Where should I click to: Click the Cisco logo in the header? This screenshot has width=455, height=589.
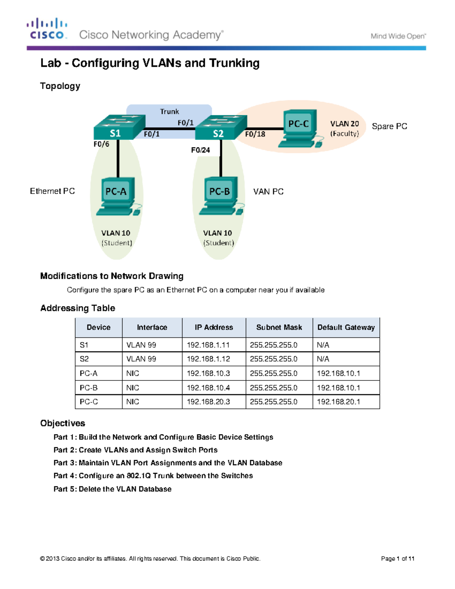click(x=47, y=29)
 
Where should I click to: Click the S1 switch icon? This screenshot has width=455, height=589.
click(x=119, y=127)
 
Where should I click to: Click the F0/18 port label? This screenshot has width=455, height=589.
click(x=255, y=134)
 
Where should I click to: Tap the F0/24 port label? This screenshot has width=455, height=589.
click(x=200, y=150)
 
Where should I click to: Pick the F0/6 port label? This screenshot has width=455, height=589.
click(x=101, y=144)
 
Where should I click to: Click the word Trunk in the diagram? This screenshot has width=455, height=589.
click(x=169, y=112)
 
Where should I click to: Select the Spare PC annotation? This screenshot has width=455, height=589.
click(x=389, y=126)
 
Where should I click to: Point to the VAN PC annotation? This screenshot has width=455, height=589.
click(x=268, y=192)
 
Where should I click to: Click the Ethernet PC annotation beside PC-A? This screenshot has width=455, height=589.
click(x=52, y=191)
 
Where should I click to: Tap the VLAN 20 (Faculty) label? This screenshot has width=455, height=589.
click(x=344, y=129)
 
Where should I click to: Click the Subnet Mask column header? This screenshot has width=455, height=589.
click(x=279, y=327)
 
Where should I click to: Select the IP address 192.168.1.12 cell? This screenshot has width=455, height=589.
click(x=208, y=359)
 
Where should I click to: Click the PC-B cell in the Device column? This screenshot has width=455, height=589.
click(x=89, y=388)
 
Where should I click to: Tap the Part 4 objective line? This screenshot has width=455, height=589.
click(x=153, y=476)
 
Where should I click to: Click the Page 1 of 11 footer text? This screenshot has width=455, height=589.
click(x=397, y=558)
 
